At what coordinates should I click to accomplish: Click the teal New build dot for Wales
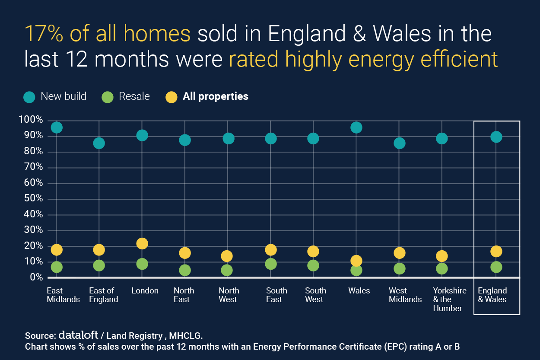tap(356, 127)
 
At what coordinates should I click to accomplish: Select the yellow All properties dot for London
tap(142, 244)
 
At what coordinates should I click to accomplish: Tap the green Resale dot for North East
tap(185, 270)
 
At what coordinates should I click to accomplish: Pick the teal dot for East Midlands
tap(57, 127)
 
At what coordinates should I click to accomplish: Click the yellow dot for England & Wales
tap(496, 252)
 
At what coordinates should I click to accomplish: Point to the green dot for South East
tap(271, 264)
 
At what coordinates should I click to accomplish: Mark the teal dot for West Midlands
tap(399, 143)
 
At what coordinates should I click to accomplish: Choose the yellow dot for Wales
tap(356, 261)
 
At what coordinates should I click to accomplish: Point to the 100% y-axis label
tap(31, 120)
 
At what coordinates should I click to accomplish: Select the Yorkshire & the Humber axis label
tap(450, 299)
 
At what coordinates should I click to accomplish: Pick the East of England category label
tap(103, 295)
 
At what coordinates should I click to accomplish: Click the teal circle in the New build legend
tap(29, 97)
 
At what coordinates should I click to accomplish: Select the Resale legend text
tap(134, 96)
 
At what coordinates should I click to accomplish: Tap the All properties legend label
tap(215, 96)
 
